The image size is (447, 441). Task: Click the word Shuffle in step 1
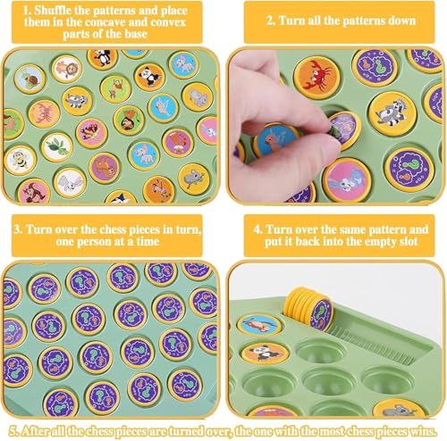click(x=52, y=11)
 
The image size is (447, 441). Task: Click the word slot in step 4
click(x=408, y=241)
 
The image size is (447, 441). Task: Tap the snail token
click(x=30, y=79)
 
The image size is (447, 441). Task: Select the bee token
click(x=20, y=160)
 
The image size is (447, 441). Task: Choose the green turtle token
click(x=57, y=146)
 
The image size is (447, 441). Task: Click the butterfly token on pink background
click(x=91, y=133)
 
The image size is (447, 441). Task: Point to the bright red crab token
click(x=317, y=77)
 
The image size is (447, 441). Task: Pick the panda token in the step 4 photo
click(x=266, y=353)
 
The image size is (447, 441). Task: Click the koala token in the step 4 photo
click(x=400, y=409)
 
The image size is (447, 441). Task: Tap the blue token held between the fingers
click(x=276, y=140)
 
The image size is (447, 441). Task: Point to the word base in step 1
click(x=136, y=34)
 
